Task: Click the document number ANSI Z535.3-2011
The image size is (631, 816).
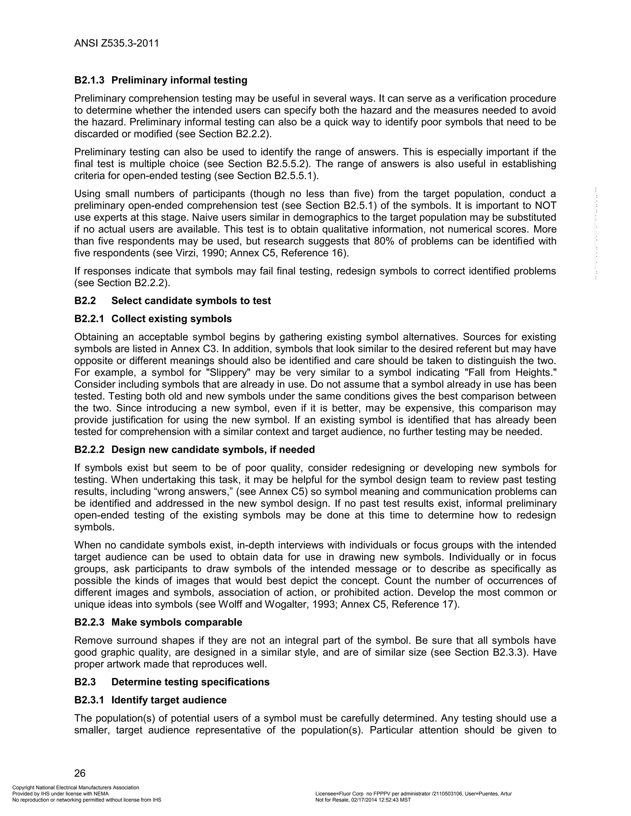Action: click(117, 43)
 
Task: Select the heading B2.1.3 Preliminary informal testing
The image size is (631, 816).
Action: click(161, 80)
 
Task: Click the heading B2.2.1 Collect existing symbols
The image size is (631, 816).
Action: click(153, 319)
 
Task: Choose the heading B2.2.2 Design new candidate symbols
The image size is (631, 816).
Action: click(194, 450)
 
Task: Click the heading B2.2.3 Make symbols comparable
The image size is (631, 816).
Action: click(158, 622)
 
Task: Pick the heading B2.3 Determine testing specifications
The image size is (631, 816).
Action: click(172, 682)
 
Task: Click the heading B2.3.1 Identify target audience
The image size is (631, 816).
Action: click(150, 700)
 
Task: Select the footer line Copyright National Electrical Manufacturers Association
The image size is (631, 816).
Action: click(76, 788)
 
